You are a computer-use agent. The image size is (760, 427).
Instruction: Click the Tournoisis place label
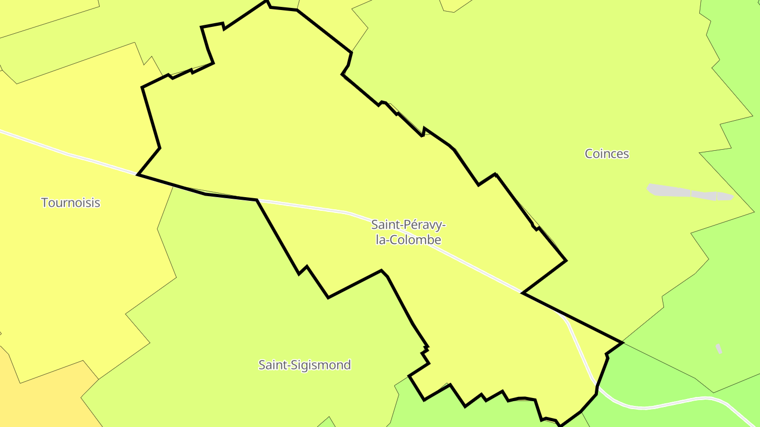(x=71, y=202)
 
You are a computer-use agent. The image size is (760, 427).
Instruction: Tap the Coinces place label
(x=607, y=153)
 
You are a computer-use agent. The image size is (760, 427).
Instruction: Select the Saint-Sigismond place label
(x=305, y=365)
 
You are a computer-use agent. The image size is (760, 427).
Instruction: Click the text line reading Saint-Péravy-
(x=408, y=225)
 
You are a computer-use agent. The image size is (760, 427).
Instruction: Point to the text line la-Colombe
(x=408, y=240)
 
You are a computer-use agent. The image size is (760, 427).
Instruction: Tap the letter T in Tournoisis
(x=45, y=202)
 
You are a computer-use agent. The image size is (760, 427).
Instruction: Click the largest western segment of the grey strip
(x=668, y=190)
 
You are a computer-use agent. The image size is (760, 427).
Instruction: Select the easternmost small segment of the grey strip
(x=725, y=197)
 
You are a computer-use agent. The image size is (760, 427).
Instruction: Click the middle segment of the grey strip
(x=703, y=195)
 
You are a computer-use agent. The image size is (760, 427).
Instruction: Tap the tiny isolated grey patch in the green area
(x=719, y=348)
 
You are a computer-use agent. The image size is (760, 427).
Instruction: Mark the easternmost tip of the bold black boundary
(x=623, y=343)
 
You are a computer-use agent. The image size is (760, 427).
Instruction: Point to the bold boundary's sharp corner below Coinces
(x=566, y=260)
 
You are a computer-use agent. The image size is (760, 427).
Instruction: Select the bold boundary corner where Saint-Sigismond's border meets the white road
(x=256, y=200)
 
